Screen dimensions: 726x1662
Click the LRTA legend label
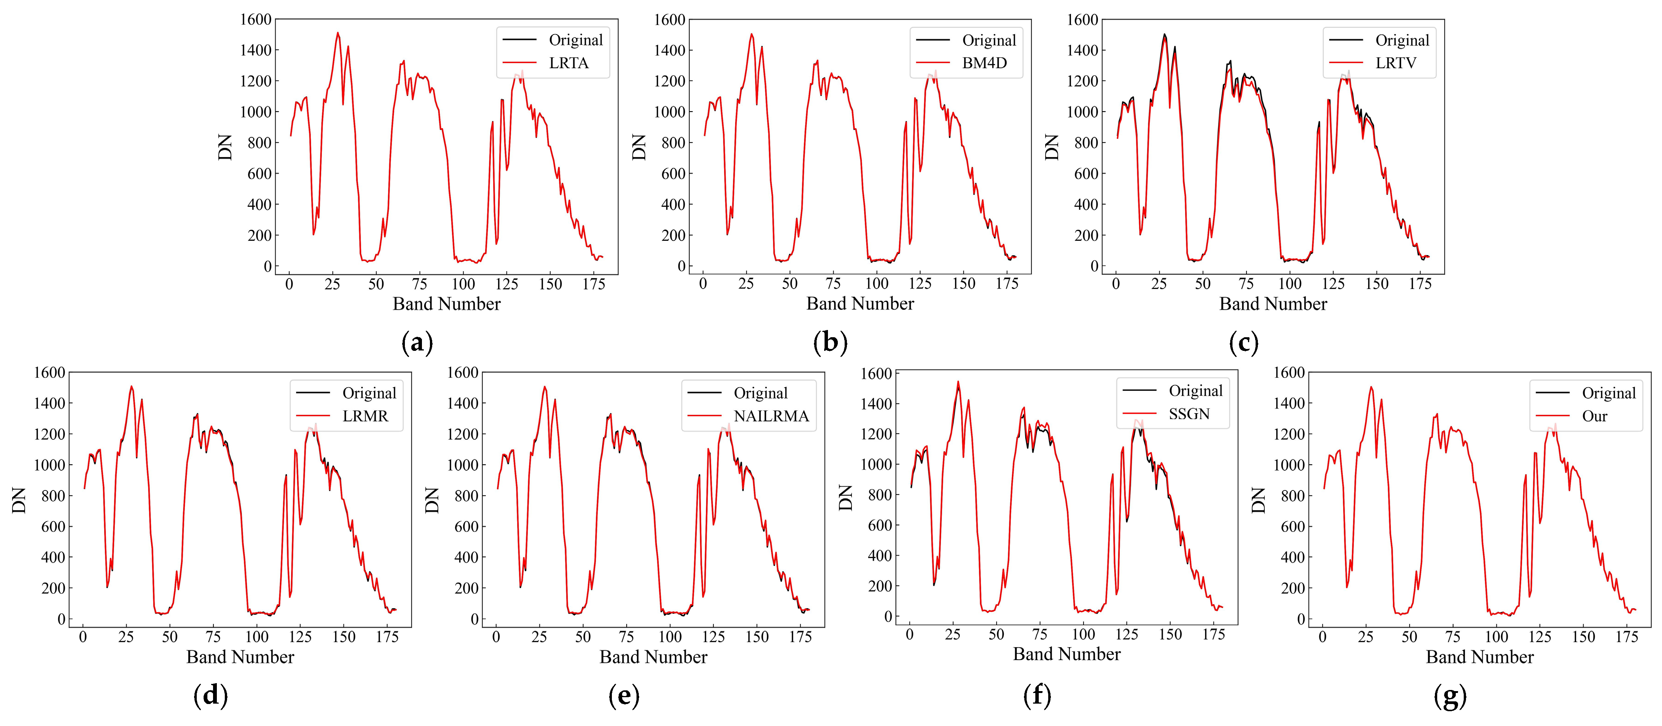[568, 63]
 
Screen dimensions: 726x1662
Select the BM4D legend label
[984, 63]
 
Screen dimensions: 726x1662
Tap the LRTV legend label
[1395, 63]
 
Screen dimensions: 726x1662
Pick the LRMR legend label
[365, 416]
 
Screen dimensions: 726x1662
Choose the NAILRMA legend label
[771, 416]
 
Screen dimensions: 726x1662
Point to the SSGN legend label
[1189, 414]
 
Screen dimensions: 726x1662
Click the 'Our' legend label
[1594, 416]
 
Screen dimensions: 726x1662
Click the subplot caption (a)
[417, 343]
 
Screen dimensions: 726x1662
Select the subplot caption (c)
[1243, 343]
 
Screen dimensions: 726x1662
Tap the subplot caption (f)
[1037, 696]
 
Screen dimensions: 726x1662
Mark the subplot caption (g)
[1450, 696]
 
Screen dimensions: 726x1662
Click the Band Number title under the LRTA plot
[447, 304]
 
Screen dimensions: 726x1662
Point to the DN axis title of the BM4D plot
[639, 147]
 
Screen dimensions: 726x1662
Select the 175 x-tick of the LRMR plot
[387, 637]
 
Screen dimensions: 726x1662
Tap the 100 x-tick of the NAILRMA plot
[670, 637]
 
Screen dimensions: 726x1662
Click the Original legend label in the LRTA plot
[575, 40]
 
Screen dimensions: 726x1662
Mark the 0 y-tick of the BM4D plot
[680, 266]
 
